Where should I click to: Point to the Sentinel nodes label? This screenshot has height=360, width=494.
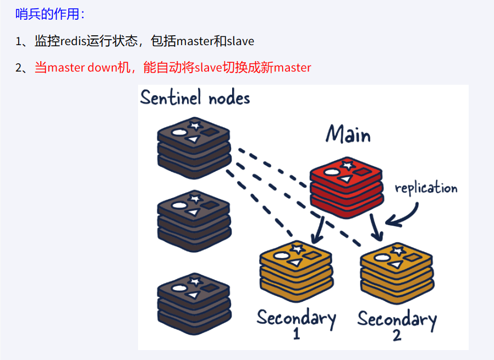[x=195, y=98]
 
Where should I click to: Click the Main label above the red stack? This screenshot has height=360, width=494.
[x=348, y=134]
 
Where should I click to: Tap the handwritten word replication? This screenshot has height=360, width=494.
[x=426, y=188]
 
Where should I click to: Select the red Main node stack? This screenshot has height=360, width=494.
[x=346, y=184]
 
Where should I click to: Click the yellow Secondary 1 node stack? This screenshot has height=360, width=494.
[x=295, y=271]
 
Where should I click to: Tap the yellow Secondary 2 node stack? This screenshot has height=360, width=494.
[x=396, y=271]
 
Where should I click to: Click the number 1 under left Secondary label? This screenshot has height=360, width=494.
[x=297, y=334]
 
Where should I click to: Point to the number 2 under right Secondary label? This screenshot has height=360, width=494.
[x=397, y=335]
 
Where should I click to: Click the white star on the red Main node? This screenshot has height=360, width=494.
[x=347, y=165]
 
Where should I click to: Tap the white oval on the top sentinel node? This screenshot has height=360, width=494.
[x=179, y=132]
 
